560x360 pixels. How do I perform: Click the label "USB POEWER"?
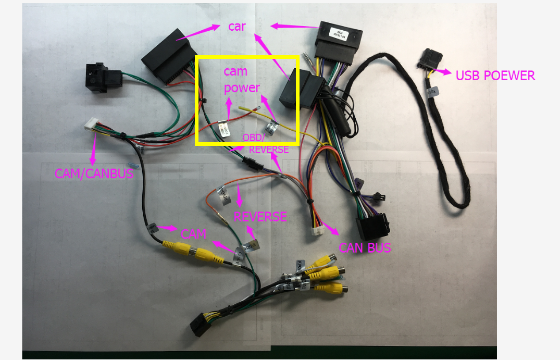click(495, 76)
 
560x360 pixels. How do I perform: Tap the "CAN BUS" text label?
click(365, 247)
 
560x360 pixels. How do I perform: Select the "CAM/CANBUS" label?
click(94, 173)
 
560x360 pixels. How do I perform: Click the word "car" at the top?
click(237, 27)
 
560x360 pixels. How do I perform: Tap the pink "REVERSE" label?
click(260, 217)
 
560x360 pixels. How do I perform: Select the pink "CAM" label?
click(193, 233)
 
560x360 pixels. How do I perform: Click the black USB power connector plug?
click(430, 60)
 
